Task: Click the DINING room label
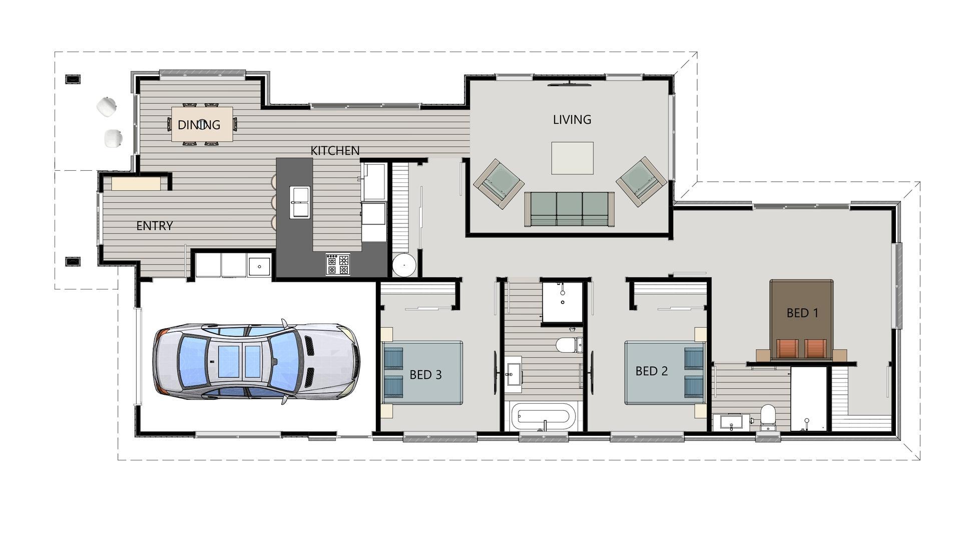[x=199, y=125]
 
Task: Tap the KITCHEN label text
[x=335, y=150]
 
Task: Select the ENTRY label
[x=155, y=226]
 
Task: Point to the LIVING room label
[x=572, y=119]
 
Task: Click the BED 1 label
[x=802, y=313]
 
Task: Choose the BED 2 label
[x=652, y=371]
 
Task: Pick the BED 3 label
[x=425, y=375]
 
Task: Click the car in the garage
[x=256, y=361]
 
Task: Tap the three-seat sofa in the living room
[x=569, y=209]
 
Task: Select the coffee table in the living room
[x=572, y=158]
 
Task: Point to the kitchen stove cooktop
[x=338, y=264]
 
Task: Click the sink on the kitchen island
[x=300, y=202]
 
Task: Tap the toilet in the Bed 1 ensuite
[x=768, y=418]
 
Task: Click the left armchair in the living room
[x=499, y=183]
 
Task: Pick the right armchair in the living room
[x=641, y=182]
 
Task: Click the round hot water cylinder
[x=404, y=265]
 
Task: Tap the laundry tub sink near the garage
[x=259, y=266]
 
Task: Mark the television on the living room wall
[x=570, y=85]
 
